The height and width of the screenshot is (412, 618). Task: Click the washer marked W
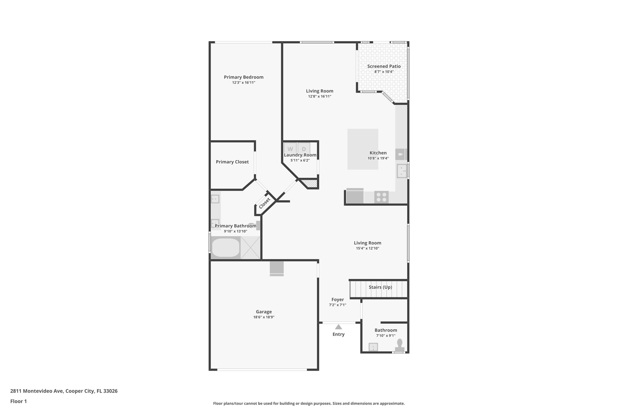click(x=290, y=149)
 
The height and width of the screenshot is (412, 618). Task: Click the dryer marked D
click(x=304, y=149)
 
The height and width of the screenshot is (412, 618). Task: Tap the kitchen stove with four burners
click(x=381, y=197)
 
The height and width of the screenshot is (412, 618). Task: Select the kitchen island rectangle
click(x=362, y=149)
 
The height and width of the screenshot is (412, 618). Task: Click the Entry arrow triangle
click(x=338, y=327)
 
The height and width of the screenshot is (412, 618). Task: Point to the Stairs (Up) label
click(x=380, y=287)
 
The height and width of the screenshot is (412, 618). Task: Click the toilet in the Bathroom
click(x=400, y=345)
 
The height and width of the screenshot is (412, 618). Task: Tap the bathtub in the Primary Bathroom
click(x=226, y=248)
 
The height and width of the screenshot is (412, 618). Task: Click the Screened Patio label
click(x=384, y=66)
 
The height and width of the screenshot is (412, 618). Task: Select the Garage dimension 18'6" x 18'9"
click(x=264, y=317)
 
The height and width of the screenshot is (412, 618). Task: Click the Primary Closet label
click(x=232, y=162)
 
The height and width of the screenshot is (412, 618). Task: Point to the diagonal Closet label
click(x=265, y=203)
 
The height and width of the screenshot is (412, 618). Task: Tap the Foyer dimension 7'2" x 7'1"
click(x=337, y=305)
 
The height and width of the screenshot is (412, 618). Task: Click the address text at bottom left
click(x=64, y=391)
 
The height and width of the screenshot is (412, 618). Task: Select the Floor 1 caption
click(x=19, y=401)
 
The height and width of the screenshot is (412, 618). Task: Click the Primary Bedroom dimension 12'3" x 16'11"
click(x=244, y=83)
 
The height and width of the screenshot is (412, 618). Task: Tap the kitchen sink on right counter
click(x=402, y=171)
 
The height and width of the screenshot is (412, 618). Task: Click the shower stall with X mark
click(x=250, y=248)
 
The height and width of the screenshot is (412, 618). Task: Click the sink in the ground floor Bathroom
click(x=373, y=347)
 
